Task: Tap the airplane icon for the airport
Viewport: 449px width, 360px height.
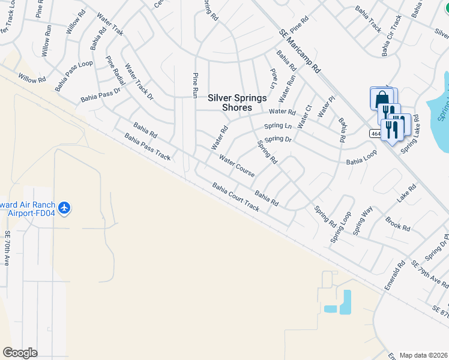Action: tap(65, 208)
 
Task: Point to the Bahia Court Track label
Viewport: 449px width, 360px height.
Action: tap(235, 197)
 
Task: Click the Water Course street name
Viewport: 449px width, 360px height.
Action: tap(237, 167)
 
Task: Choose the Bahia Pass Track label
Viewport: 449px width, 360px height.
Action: tap(148, 147)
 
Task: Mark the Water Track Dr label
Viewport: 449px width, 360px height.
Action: tap(139, 81)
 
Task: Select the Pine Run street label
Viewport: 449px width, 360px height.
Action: tap(194, 85)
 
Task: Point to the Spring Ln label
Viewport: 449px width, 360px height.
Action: tap(278, 126)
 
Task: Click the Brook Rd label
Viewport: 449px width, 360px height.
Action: tap(397, 224)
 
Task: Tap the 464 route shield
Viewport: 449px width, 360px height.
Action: tap(376, 133)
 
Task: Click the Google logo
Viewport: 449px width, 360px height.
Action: tap(20, 353)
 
